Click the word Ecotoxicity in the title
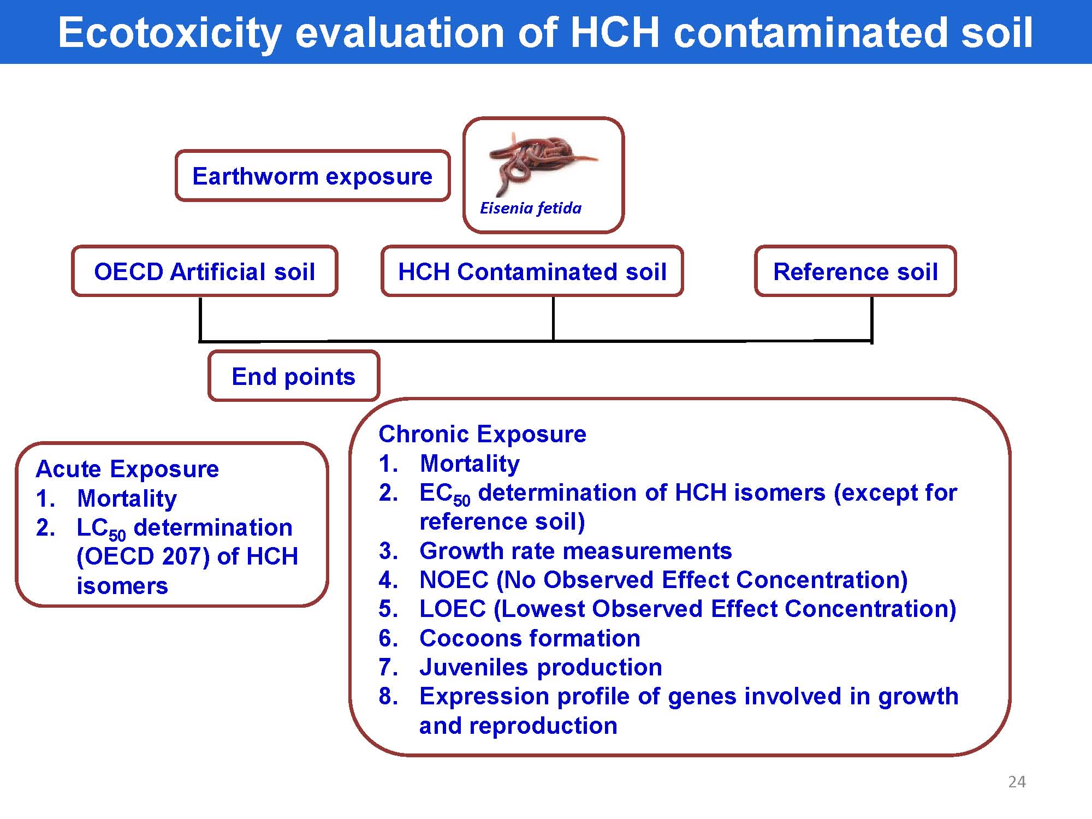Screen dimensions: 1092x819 pyautogui.click(x=169, y=33)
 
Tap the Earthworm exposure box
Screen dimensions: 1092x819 pyautogui.click(x=313, y=176)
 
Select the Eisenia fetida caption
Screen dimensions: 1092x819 pyautogui.click(x=531, y=208)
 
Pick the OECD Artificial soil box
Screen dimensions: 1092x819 pyautogui.click(x=205, y=271)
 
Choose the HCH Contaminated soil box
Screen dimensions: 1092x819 pyautogui.click(x=532, y=271)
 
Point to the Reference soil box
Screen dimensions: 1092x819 pyautogui.click(x=856, y=271)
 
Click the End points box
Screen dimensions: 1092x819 pyautogui.click(x=294, y=376)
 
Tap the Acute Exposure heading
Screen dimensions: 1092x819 pyautogui.click(x=127, y=469)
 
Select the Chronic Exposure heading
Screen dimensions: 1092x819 pyautogui.click(x=483, y=434)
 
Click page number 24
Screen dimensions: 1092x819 pyautogui.click(x=1017, y=782)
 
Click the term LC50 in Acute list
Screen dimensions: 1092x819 pyautogui.click(x=101, y=529)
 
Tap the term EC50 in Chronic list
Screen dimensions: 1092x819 pyautogui.click(x=444, y=494)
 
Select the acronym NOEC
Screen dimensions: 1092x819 pyautogui.click(x=454, y=580)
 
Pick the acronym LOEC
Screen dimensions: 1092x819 pyautogui.click(x=453, y=609)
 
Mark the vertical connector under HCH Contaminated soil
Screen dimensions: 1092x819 pyautogui.click(x=553, y=318)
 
